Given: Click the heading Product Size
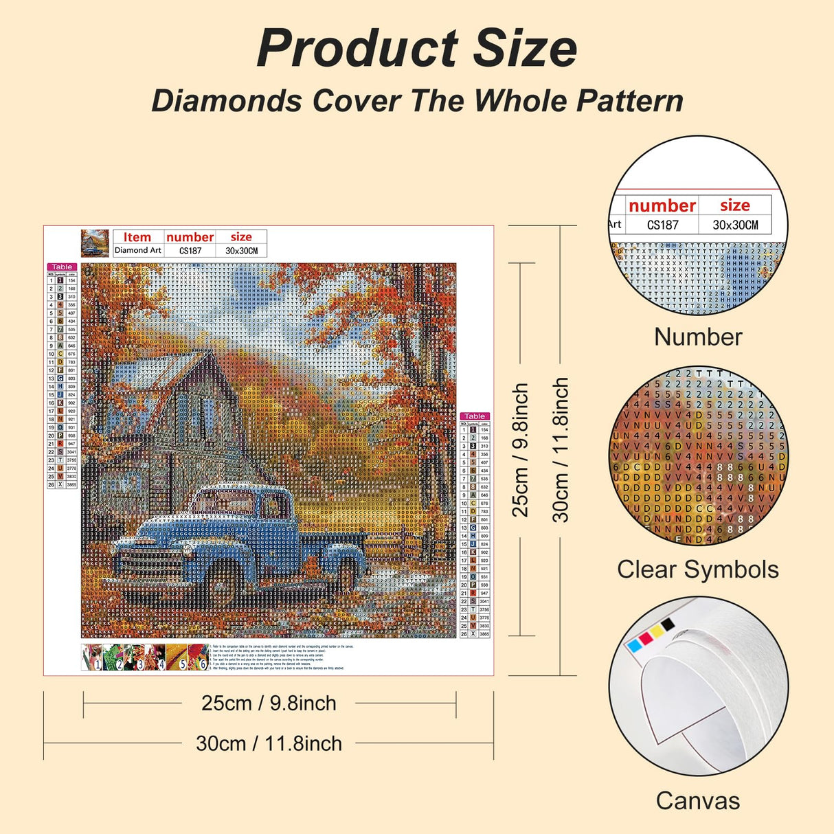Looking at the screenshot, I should click(x=416, y=48).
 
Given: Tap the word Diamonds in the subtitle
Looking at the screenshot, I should click(x=227, y=101).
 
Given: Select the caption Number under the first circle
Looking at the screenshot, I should click(x=697, y=337).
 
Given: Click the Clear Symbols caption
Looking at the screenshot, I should click(x=697, y=570).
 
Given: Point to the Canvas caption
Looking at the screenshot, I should click(x=697, y=801).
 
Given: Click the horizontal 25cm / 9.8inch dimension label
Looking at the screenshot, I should click(x=269, y=703).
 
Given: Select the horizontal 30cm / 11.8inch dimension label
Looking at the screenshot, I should click(x=269, y=743).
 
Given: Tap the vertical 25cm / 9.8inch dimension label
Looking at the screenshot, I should click(x=521, y=450).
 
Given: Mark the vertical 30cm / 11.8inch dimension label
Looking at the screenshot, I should click(x=561, y=450).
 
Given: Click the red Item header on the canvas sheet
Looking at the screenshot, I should click(x=137, y=237).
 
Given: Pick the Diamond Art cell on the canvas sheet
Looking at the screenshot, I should click(x=138, y=251).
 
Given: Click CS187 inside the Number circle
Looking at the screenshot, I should click(x=662, y=225).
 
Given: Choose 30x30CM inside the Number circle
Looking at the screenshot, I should click(x=734, y=225).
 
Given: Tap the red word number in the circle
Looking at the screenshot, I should click(x=662, y=205).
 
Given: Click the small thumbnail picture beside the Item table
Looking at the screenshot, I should click(x=95, y=243).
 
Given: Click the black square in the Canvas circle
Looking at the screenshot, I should click(x=668, y=624).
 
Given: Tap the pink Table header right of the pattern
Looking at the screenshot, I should click(x=475, y=416).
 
